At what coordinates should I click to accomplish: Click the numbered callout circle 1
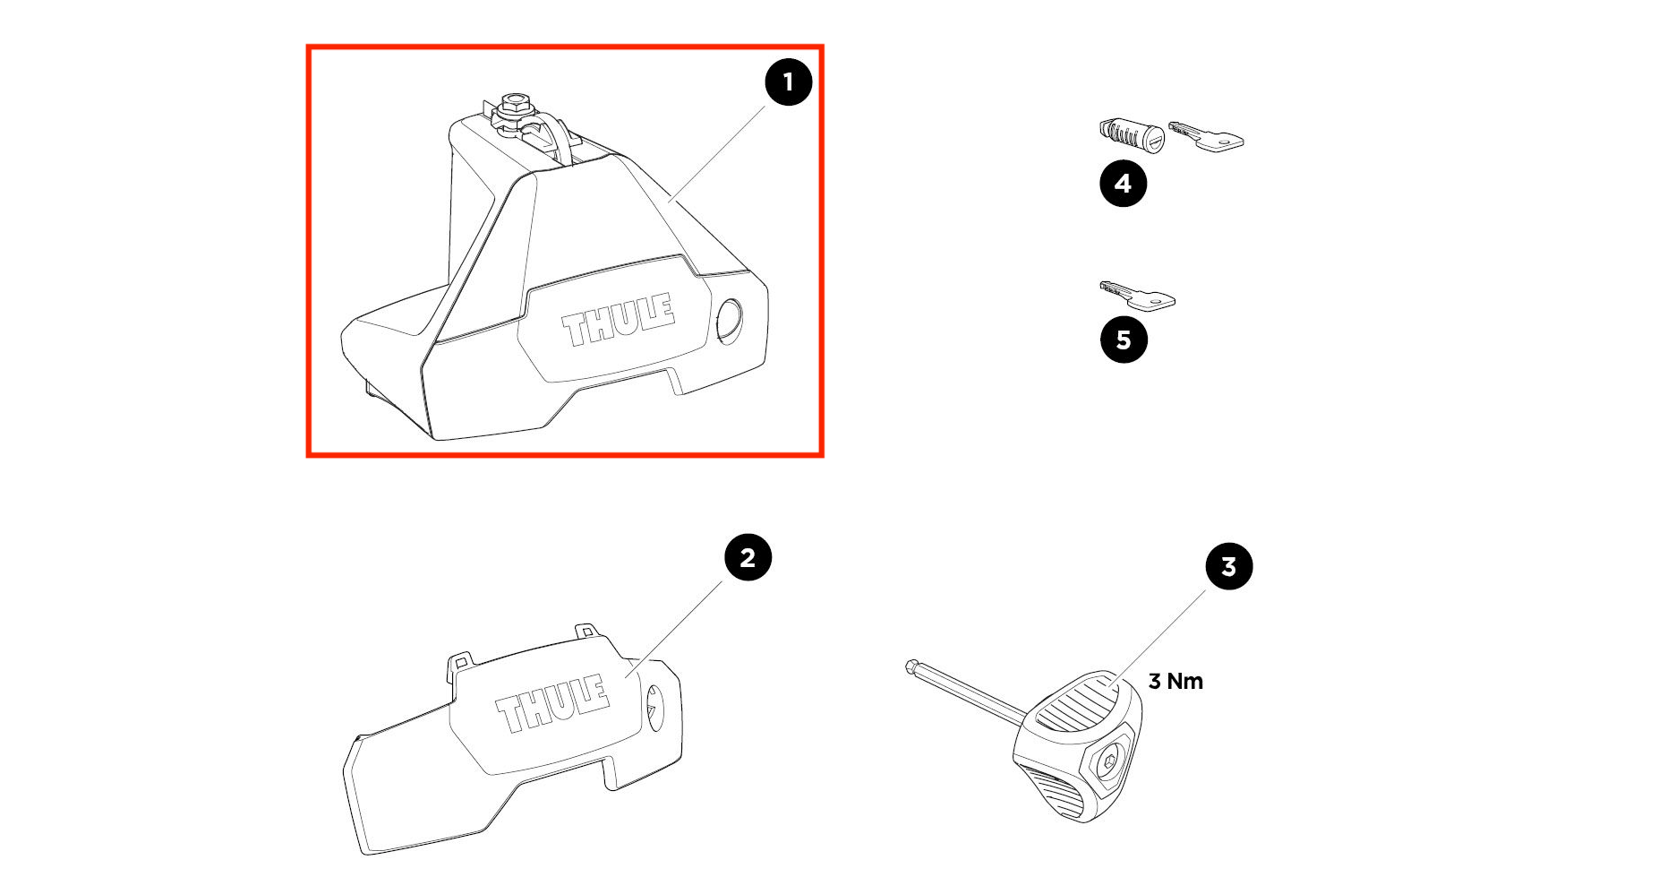point(788,82)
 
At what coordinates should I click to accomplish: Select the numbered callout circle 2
point(748,557)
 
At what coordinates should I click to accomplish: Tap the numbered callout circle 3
point(1228,566)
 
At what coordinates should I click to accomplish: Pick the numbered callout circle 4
point(1123,184)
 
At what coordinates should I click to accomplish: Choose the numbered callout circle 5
point(1124,340)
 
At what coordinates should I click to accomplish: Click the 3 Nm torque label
point(1175,681)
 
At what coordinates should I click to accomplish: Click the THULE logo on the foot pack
point(618,320)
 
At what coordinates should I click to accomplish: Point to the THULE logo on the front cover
point(552,704)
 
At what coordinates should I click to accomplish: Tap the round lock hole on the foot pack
point(730,322)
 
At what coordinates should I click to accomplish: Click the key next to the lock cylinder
point(1206,137)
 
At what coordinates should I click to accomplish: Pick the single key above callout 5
point(1138,295)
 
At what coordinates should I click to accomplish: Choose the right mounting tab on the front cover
point(586,631)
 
